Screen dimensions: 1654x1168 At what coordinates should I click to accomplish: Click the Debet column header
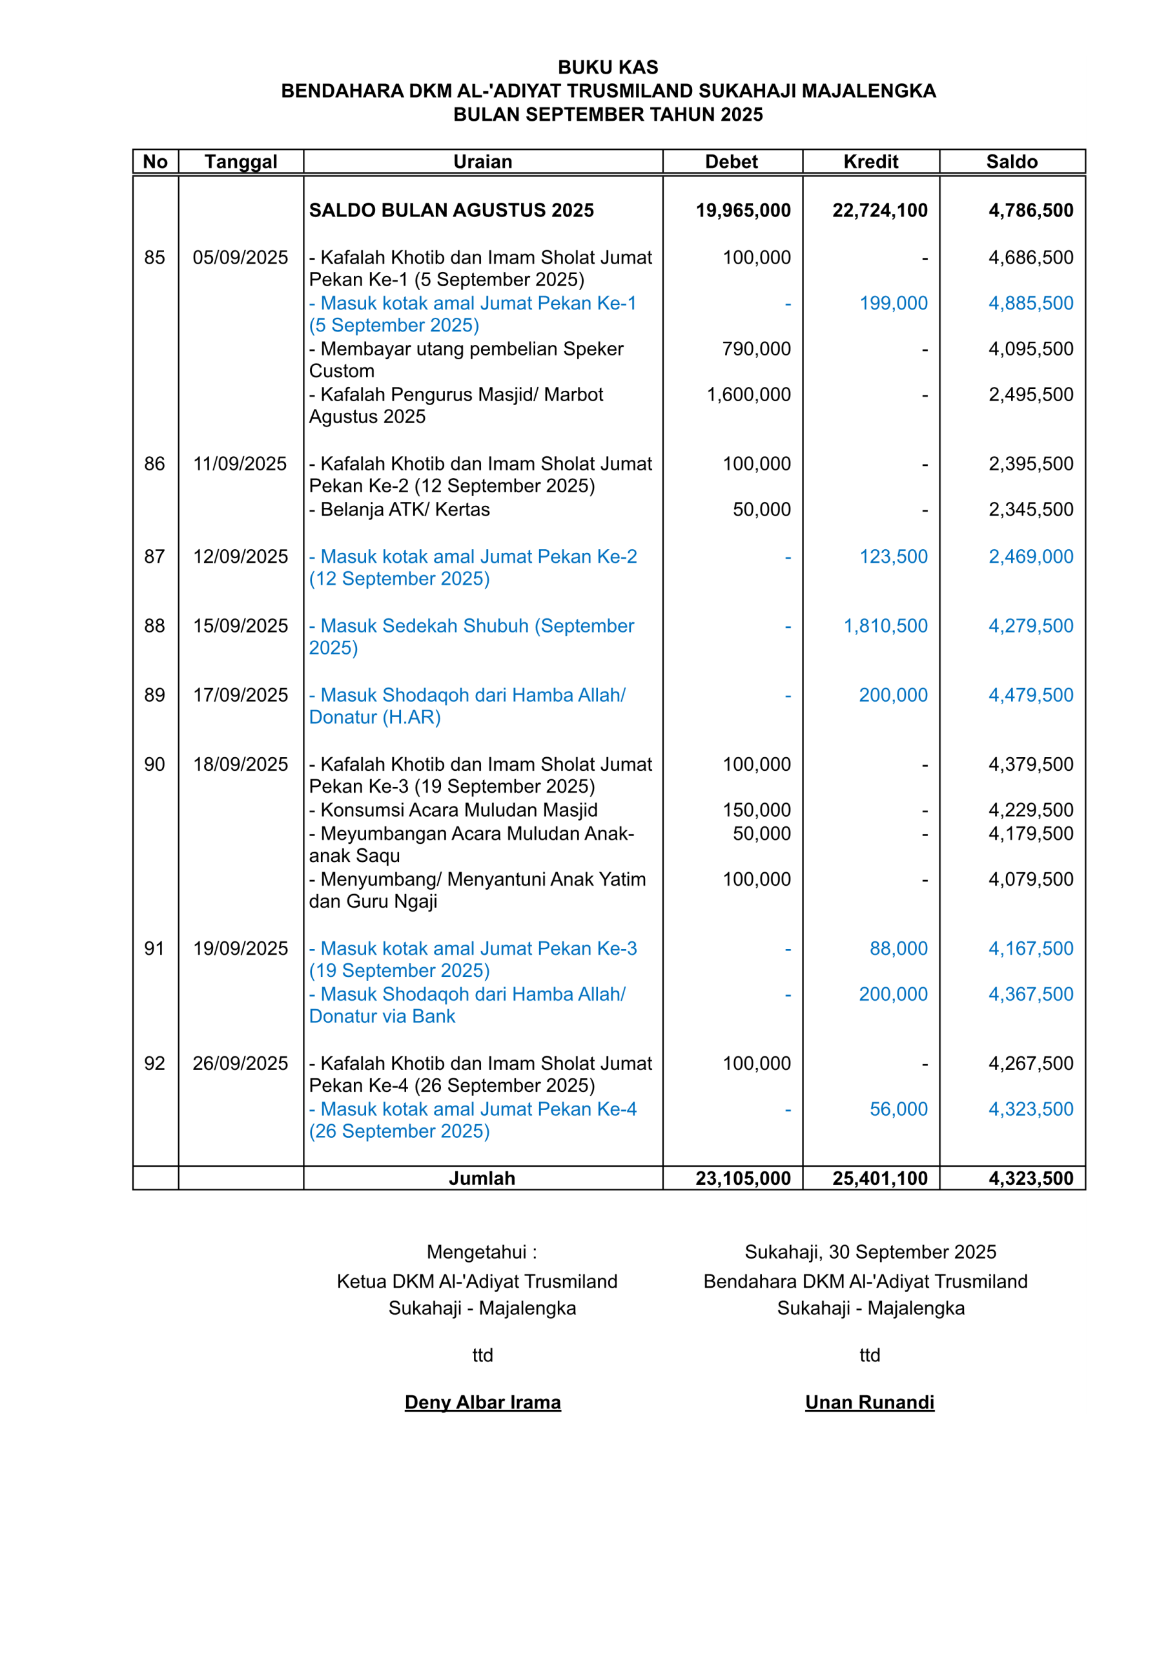pyautogui.click(x=731, y=162)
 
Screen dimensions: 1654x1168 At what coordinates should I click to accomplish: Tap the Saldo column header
pyautogui.click(x=1012, y=162)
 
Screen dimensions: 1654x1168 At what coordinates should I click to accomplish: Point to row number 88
pyautogui.click(x=155, y=625)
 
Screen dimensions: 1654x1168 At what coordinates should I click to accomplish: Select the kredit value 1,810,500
pyautogui.click(x=886, y=625)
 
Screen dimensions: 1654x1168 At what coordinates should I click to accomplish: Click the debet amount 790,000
pyautogui.click(x=756, y=349)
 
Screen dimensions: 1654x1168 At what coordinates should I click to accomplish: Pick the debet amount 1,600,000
pyautogui.click(x=748, y=394)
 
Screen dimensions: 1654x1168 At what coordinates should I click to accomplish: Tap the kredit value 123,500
pyautogui.click(x=894, y=556)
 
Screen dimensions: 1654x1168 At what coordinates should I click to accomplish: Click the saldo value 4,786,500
pyautogui.click(x=1030, y=211)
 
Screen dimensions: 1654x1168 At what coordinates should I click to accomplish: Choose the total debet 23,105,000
pyautogui.click(x=743, y=1178)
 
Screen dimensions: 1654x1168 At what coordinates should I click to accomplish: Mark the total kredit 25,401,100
pyautogui.click(x=880, y=1178)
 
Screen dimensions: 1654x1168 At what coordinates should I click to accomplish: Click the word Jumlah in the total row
pyautogui.click(x=482, y=1178)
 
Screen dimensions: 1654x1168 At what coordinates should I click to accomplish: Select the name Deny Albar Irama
pyautogui.click(x=482, y=1402)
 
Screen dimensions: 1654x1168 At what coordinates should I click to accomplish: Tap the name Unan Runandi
pyautogui.click(x=869, y=1402)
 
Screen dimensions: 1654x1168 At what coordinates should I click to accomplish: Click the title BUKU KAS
pyautogui.click(x=608, y=67)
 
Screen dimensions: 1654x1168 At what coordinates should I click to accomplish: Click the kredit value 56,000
pyautogui.click(x=899, y=1109)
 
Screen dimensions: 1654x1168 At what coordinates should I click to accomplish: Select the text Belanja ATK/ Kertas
pyautogui.click(x=405, y=509)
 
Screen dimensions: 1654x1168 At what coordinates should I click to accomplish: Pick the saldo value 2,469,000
pyautogui.click(x=1030, y=556)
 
